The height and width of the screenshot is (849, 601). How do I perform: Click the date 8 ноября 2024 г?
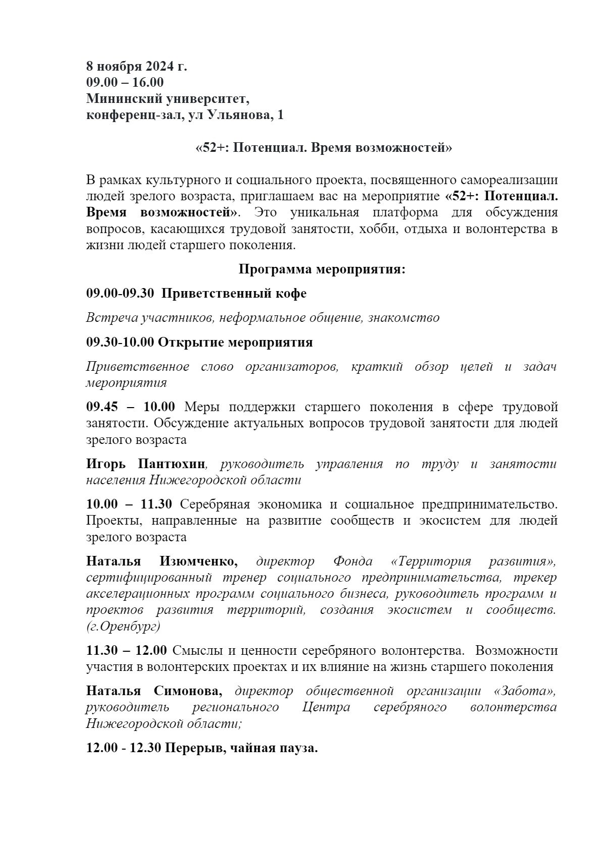click(x=136, y=66)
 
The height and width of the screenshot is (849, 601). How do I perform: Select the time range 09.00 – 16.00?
click(x=125, y=82)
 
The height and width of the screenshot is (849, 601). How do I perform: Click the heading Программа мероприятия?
click(x=322, y=269)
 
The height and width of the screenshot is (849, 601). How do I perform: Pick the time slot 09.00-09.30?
click(x=120, y=293)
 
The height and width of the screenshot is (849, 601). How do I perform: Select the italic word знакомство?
click(x=404, y=318)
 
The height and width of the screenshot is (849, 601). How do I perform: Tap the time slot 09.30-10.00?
click(x=120, y=343)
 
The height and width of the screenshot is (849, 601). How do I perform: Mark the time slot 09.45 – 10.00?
click(x=131, y=407)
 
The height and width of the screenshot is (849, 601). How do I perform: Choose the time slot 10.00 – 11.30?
click(x=129, y=504)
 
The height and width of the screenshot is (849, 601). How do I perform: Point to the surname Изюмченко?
click(x=198, y=561)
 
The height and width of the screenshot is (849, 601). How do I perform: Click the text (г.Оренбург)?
click(x=123, y=627)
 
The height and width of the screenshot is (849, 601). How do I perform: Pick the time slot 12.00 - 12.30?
click(x=123, y=748)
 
